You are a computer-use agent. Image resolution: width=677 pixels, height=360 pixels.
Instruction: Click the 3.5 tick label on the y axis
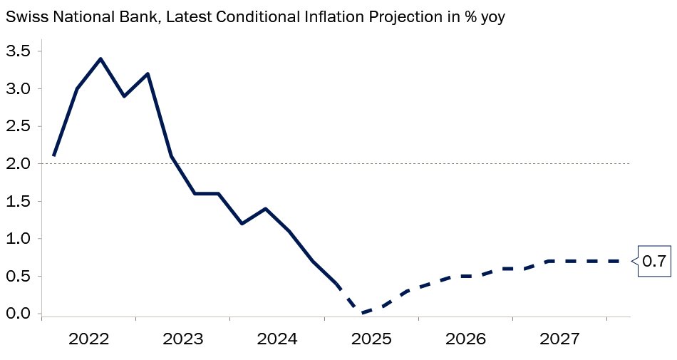18,51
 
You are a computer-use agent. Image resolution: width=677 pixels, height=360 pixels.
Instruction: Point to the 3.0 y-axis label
18,89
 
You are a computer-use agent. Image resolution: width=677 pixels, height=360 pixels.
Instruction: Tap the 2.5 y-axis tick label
18,126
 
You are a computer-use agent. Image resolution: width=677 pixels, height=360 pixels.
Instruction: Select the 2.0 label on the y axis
18,163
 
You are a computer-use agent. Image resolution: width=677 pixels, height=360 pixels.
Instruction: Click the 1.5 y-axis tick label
18,201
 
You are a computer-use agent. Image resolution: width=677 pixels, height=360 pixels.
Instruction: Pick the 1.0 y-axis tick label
18,239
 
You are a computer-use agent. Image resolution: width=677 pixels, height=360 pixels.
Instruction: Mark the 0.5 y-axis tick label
18,276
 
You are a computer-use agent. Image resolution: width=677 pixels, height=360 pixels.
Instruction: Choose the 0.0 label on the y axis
18,314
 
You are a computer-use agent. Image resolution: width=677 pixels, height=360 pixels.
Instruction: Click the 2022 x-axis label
89,339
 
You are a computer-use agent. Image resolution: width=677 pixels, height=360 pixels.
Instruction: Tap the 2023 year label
183,339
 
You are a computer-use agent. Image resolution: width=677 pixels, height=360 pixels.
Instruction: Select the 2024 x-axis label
277,339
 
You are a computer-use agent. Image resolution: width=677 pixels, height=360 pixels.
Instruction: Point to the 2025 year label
371,339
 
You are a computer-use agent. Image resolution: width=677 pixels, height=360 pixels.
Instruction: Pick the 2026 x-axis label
465,339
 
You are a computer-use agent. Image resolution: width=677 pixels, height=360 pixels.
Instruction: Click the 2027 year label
559,339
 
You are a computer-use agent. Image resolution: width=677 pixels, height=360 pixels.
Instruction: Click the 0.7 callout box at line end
654,261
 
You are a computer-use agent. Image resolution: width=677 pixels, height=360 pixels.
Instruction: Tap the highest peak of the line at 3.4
100,58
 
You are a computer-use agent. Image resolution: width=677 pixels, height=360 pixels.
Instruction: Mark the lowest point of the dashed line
360,312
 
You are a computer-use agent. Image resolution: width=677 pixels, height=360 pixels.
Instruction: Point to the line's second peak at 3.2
148,74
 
